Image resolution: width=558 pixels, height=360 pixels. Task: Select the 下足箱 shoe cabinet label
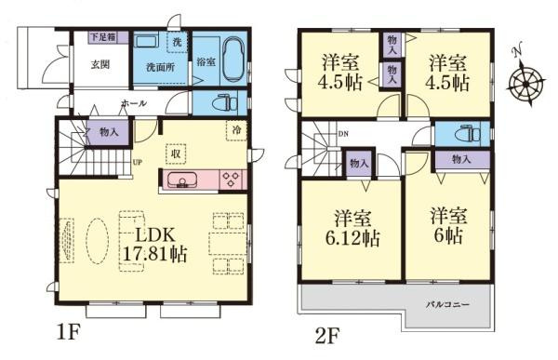(x=102, y=38)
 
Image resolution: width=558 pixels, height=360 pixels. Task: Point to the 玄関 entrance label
(x=101, y=65)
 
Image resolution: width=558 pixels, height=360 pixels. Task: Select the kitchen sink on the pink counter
(x=182, y=180)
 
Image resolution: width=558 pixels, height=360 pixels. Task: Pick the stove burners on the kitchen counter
(x=231, y=180)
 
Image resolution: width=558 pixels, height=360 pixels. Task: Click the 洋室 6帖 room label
(x=447, y=226)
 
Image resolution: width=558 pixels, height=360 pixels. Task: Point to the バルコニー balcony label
(x=448, y=305)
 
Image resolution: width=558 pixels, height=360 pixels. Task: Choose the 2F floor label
(x=327, y=330)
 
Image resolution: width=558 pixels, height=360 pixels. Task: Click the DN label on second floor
(x=342, y=134)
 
